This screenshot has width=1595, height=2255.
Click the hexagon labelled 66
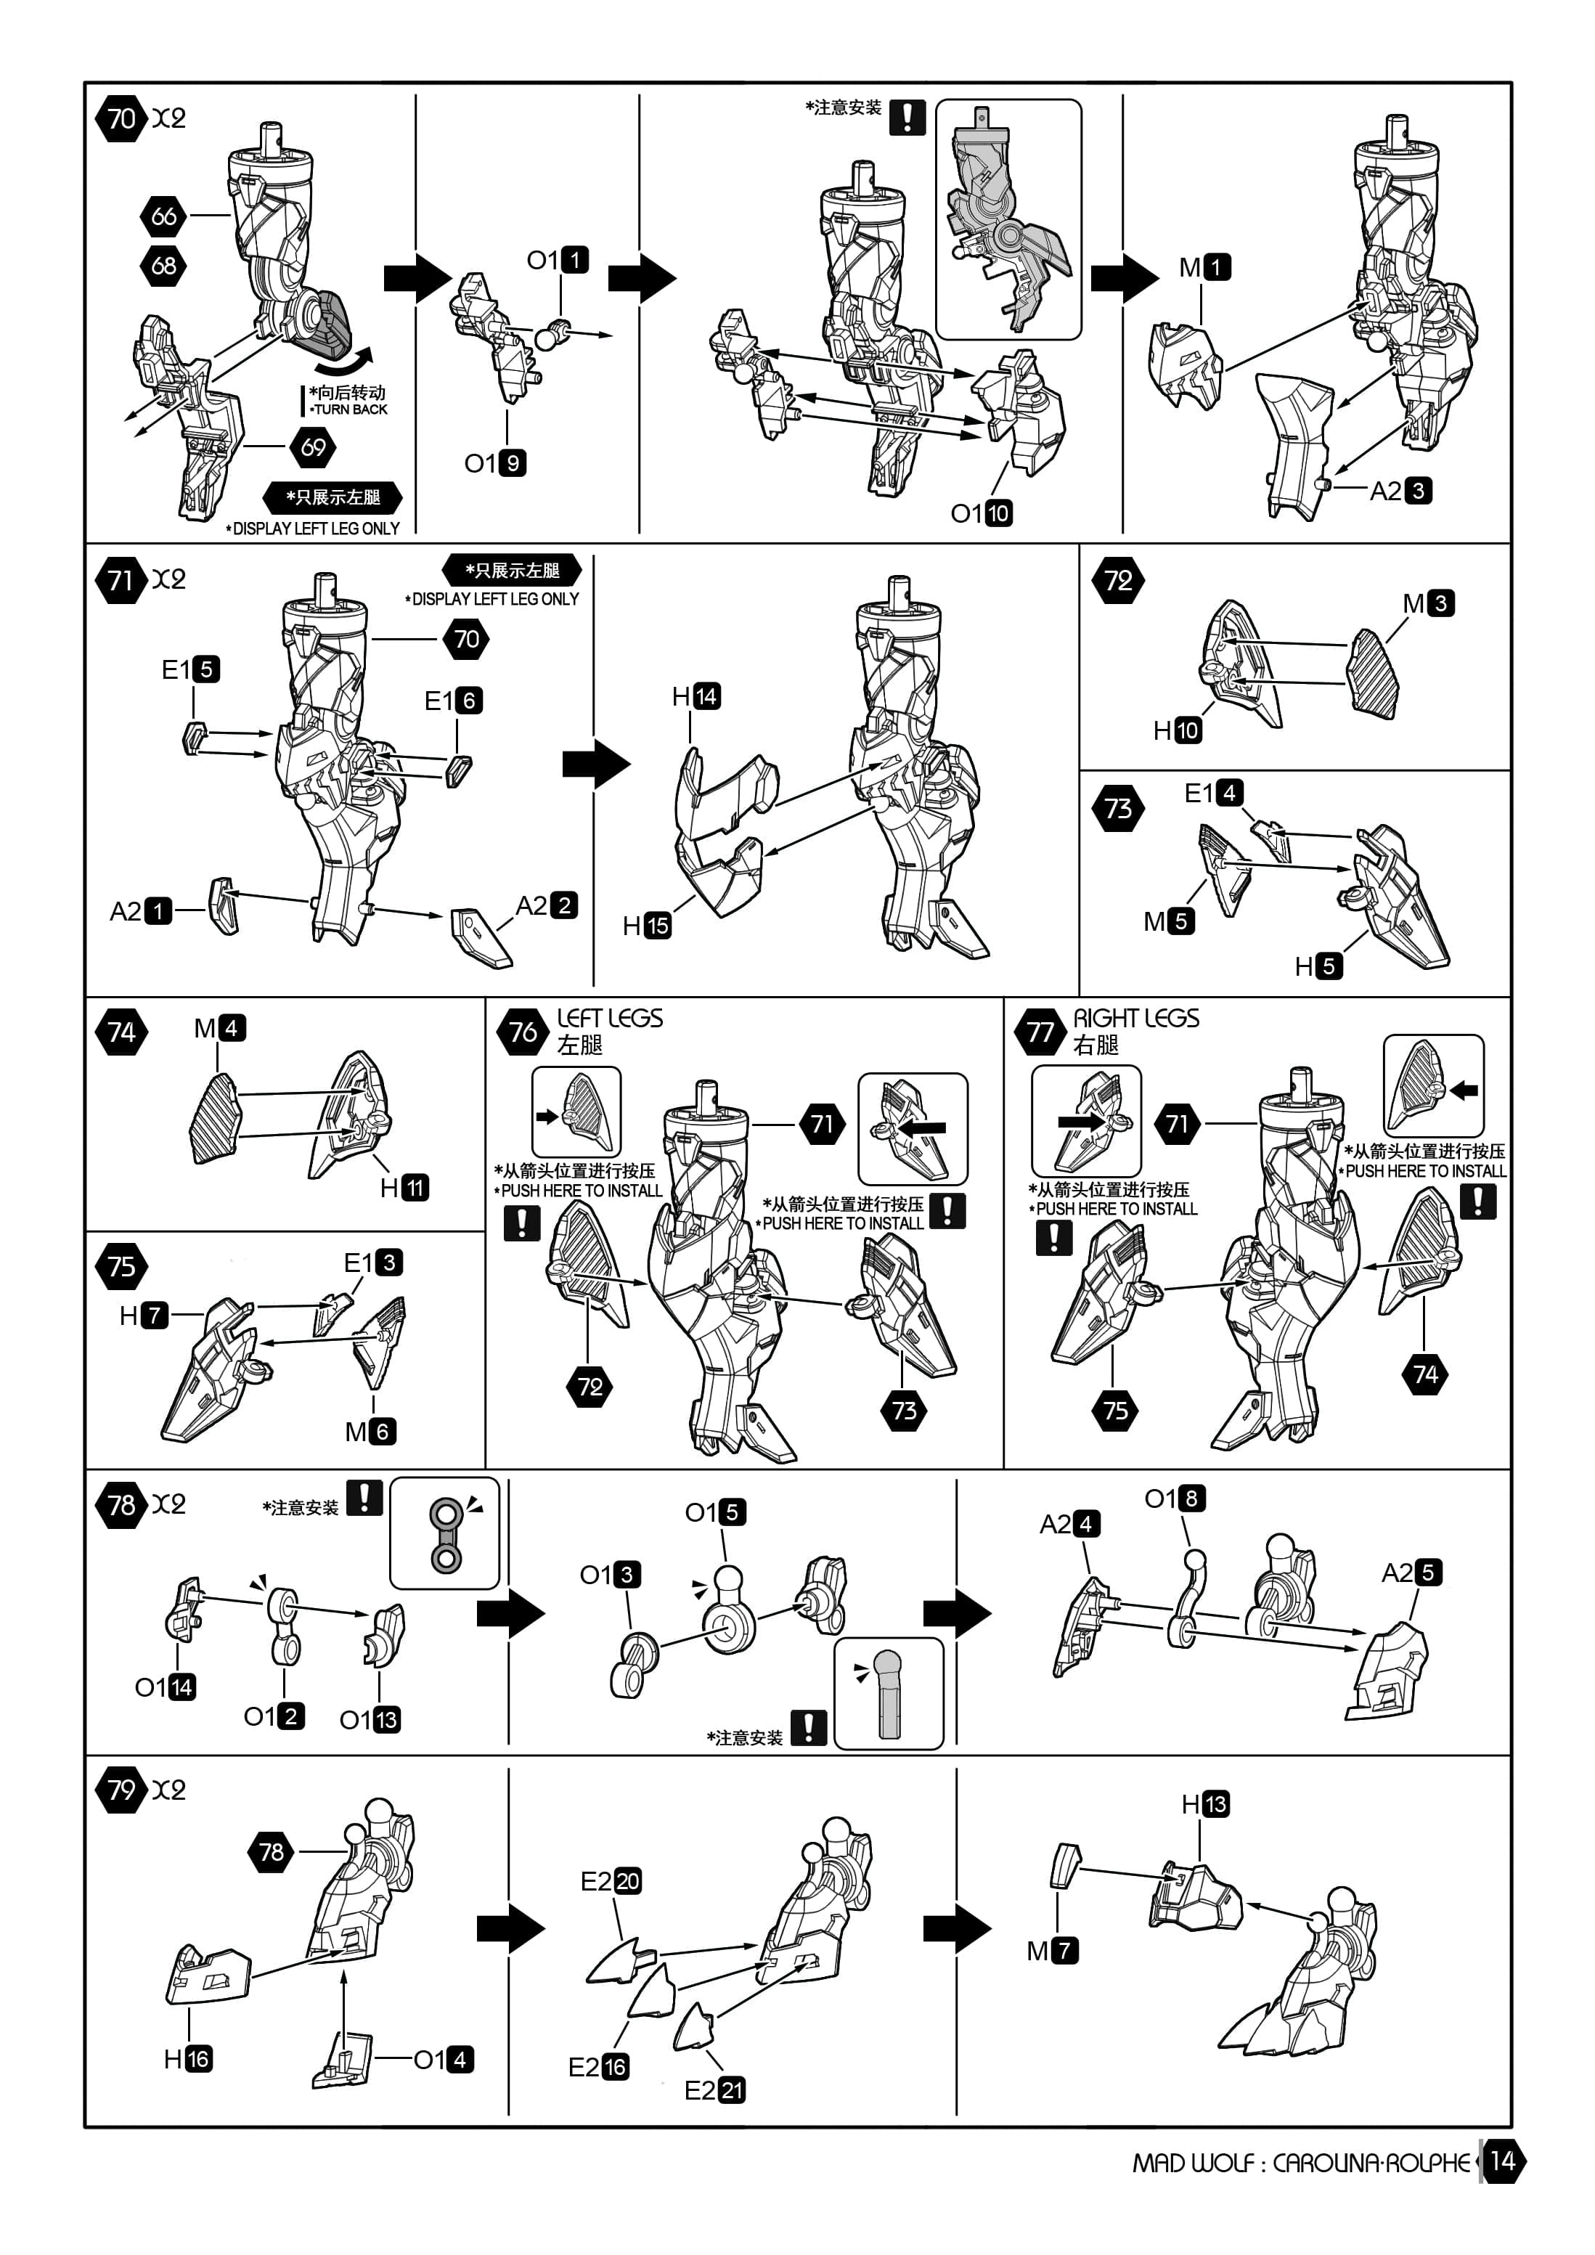pos(164,216)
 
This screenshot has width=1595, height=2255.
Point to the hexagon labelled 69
pos(314,448)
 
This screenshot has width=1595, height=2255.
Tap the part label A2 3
pos(1400,490)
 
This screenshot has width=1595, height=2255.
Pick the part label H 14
pos(695,696)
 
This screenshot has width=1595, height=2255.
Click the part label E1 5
pos(190,670)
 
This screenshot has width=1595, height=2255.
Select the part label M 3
pos(1428,603)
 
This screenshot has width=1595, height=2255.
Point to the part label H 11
pos(404,1188)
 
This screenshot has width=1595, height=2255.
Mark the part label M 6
pos(370,1431)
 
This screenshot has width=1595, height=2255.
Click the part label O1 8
pos(1175,1498)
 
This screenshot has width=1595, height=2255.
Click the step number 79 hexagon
pos(121,1790)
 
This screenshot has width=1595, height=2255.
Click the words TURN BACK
pos(350,409)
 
